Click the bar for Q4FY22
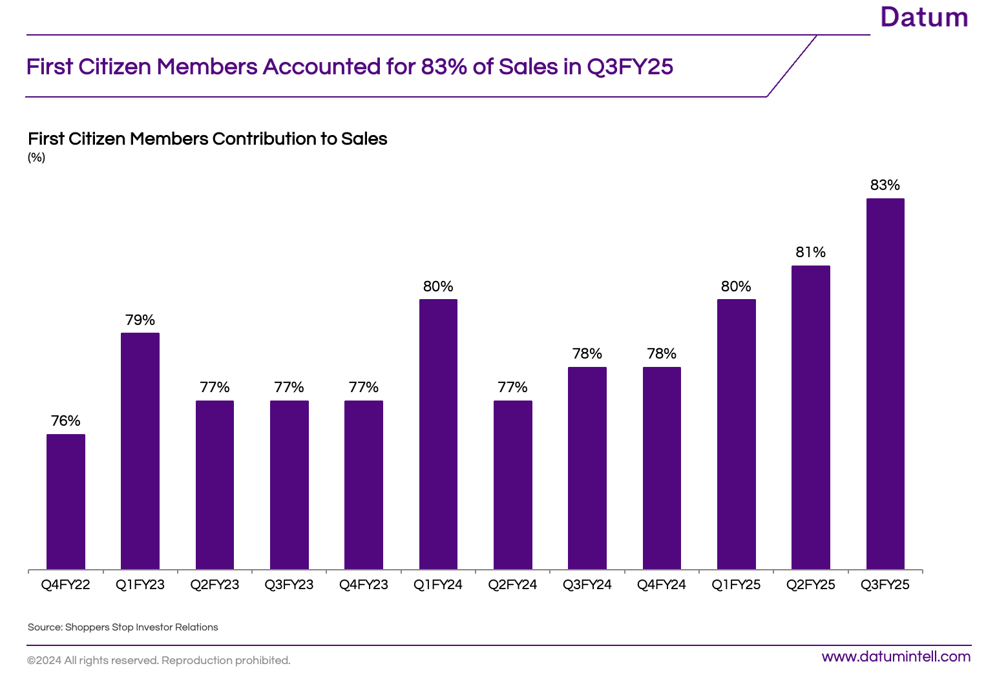(x=66, y=502)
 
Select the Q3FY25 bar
(x=885, y=384)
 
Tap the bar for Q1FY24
(x=438, y=434)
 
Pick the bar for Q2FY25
(x=810, y=417)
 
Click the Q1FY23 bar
(x=140, y=451)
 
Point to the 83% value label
(x=885, y=185)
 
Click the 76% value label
(x=66, y=421)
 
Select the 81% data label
(x=810, y=253)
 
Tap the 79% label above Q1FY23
(x=140, y=320)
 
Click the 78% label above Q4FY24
(x=662, y=354)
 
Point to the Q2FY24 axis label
(x=512, y=585)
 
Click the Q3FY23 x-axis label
(x=289, y=585)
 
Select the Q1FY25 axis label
(x=736, y=585)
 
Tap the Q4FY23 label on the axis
(x=364, y=585)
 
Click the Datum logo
(x=924, y=17)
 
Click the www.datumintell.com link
(x=896, y=657)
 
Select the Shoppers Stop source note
(x=123, y=627)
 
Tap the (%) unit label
(x=36, y=158)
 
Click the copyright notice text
(x=158, y=660)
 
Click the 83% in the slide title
(x=444, y=67)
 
